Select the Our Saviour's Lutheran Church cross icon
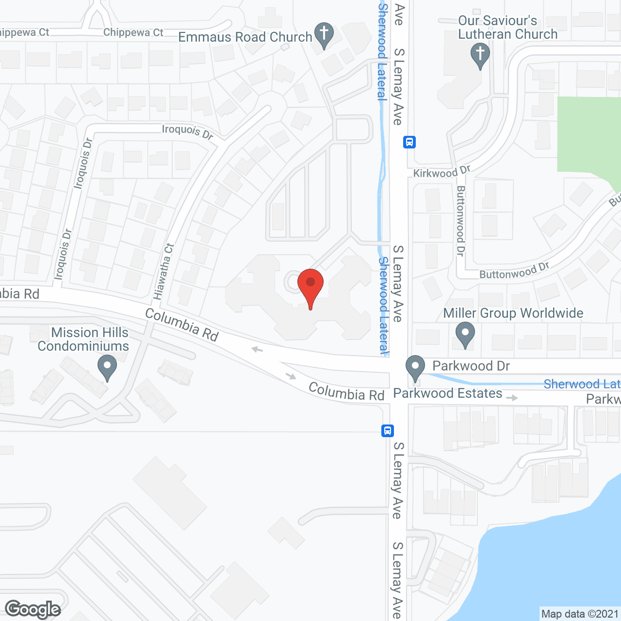point(480,55)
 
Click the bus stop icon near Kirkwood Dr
point(409,142)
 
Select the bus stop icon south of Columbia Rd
point(387,430)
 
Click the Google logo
point(33,609)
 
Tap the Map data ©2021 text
point(580,614)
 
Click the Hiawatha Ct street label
point(163,271)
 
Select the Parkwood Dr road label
point(471,366)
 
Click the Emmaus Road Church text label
point(245,37)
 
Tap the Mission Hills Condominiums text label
point(83,339)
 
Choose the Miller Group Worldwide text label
point(513,313)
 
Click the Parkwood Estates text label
point(447,393)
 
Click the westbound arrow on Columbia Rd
point(257,349)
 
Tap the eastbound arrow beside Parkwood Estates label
point(512,398)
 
